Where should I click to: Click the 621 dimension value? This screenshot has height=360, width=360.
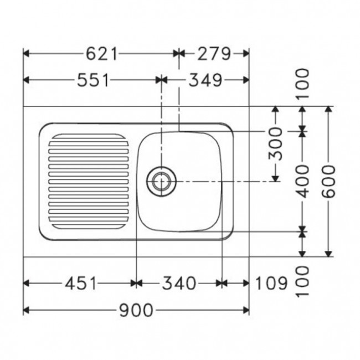click(x=101, y=54)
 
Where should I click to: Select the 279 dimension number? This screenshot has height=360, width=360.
click(x=214, y=54)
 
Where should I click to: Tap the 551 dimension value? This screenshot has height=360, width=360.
click(x=92, y=80)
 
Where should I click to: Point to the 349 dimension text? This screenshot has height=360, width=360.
click(x=205, y=80)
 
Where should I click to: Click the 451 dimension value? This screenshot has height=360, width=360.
click(x=80, y=284)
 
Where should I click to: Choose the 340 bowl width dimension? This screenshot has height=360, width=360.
click(x=179, y=284)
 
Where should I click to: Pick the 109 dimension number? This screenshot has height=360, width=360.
click(x=271, y=284)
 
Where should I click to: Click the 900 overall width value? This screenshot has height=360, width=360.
click(x=136, y=310)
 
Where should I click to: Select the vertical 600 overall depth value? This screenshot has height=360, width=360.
click(x=328, y=181)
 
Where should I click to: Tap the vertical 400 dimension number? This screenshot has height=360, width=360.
click(x=302, y=181)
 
